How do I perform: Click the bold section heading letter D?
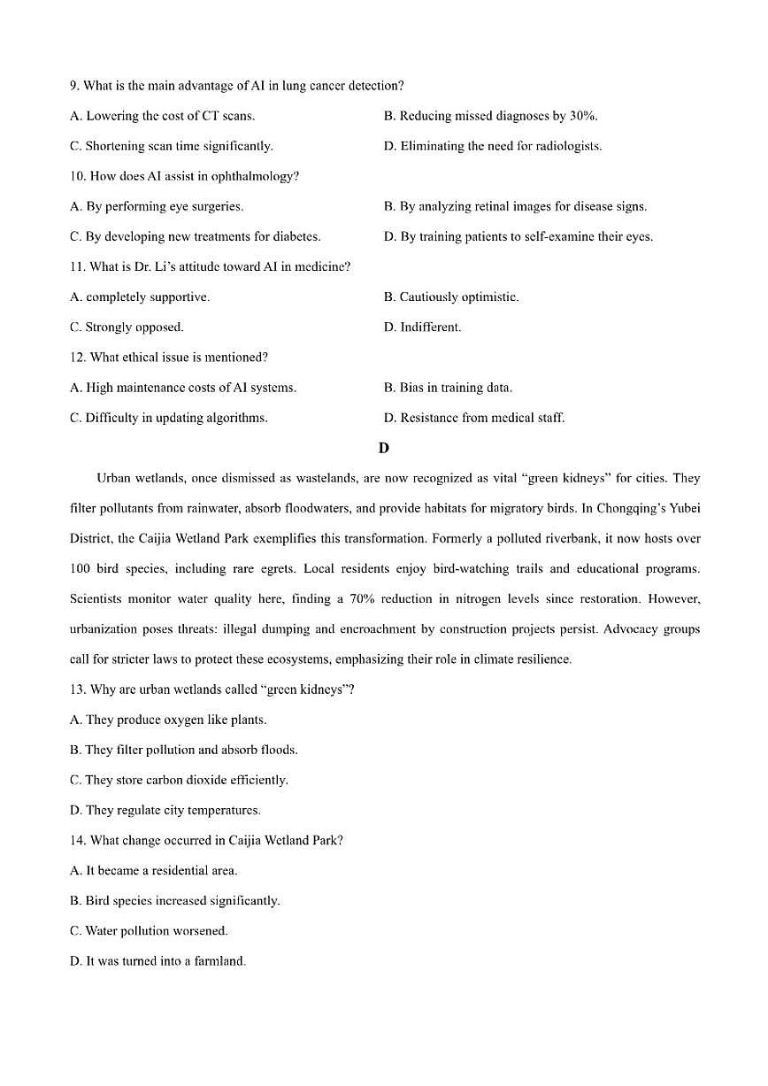point(383,448)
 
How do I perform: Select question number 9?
point(74,86)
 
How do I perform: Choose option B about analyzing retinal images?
point(515,206)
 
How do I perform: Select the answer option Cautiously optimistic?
point(451,297)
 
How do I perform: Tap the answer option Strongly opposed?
point(127,327)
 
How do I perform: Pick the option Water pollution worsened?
point(149,930)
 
